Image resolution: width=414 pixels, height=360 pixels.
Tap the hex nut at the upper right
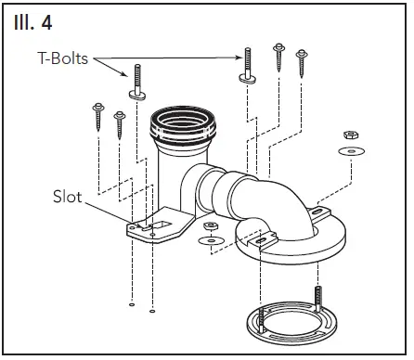[x=354, y=135]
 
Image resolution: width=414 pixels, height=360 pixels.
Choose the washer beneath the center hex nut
[x=213, y=241]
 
